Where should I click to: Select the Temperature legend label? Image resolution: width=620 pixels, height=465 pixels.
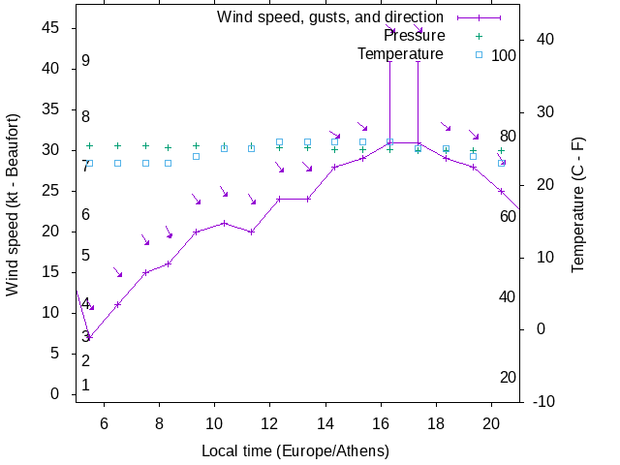pos(400,54)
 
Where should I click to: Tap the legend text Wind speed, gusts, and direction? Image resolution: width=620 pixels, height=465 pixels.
pos(329,17)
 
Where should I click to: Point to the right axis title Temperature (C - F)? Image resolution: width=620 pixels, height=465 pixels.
pos(578,203)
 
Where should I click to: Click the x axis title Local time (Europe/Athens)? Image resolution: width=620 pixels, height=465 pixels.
pos(295,451)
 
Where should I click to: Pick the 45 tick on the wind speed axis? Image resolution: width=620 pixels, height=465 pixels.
pos(50,28)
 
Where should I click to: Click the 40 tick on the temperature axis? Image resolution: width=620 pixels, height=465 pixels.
pos(544,40)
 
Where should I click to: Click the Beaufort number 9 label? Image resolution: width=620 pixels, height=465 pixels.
pos(86,61)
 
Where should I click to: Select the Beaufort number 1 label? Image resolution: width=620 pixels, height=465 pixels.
pos(86,386)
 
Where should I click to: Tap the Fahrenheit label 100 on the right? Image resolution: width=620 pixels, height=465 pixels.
pos(504,56)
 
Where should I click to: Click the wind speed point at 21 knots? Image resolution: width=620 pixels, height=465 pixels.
pos(224,223)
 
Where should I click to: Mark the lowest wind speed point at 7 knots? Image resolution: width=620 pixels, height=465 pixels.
pos(89,337)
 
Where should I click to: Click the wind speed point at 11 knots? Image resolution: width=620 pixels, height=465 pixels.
pos(117,304)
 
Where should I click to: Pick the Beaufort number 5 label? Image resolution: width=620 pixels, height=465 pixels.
pos(86,256)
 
